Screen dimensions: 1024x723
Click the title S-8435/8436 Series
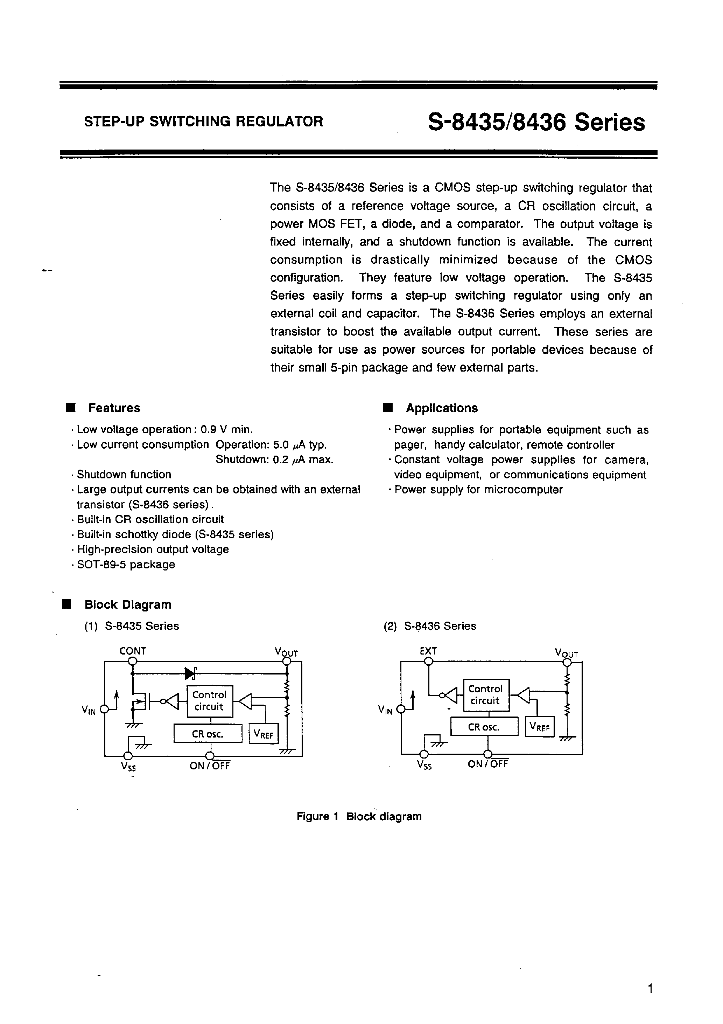(536, 122)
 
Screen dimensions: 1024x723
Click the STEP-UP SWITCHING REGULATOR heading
(203, 121)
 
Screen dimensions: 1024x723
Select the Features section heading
(114, 408)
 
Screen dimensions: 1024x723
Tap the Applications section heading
(441, 408)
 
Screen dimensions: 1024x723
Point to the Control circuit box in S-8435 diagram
(209, 701)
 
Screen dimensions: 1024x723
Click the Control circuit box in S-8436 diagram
(485, 694)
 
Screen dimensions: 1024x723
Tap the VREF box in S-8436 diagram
(539, 727)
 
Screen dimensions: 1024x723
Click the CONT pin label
(133, 651)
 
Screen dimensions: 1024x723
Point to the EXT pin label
(428, 651)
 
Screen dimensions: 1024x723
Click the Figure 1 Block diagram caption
(359, 816)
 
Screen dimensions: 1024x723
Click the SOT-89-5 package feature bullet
(126, 564)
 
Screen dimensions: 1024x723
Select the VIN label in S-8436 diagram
(385, 710)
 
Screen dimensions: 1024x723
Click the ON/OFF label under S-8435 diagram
(210, 766)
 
